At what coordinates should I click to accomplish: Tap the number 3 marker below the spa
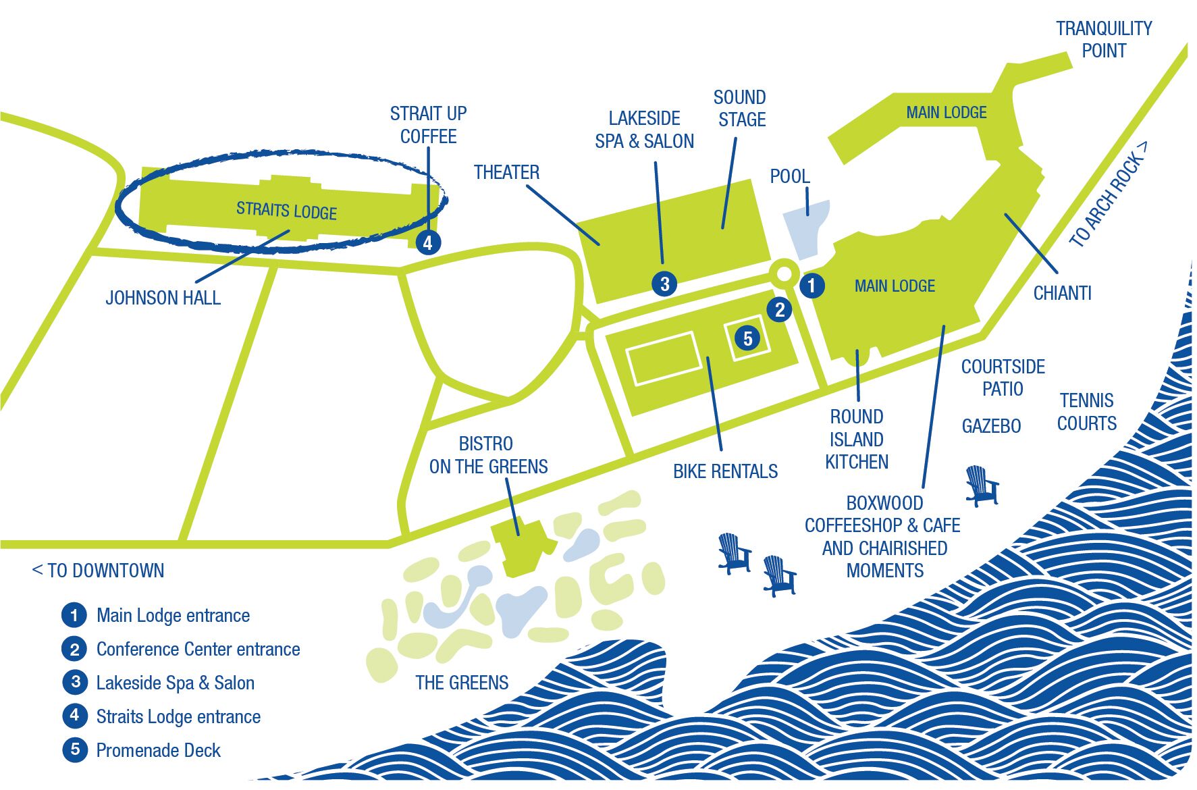click(x=664, y=284)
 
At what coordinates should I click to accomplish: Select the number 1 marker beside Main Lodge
click(x=812, y=285)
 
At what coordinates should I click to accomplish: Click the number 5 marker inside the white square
click(x=747, y=338)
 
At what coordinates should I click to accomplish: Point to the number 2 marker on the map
click(x=780, y=309)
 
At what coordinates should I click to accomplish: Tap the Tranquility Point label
click(x=1104, y=39)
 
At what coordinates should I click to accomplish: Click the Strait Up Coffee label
click(x=428, y=125)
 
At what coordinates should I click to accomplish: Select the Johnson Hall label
click(x=163, y=298)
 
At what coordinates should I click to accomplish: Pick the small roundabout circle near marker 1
click(x=784, y=274)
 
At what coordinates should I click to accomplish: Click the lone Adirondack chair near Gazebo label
click(x=981, y=485)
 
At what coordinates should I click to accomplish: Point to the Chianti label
click(x=1062, y=293)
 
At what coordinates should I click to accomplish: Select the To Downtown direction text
click(x=99, y=571)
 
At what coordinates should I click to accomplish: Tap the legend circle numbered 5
click(x=74, y=749)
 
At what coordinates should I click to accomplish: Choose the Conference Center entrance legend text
click(x=198, y=649)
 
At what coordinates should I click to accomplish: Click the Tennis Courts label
click(x=1086, y=412)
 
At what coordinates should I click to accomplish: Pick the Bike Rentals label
click(x=725, y=471)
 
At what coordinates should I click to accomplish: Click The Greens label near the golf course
click(x=462, y=683)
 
